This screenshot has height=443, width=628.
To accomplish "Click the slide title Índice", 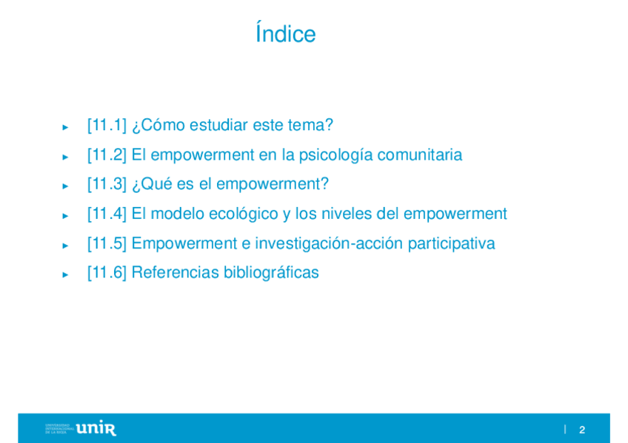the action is click(286, 33).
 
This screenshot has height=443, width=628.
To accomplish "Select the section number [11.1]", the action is click(107, 125).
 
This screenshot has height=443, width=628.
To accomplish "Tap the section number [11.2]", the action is click(107, 155).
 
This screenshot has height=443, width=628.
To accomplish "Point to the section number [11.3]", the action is click(107, 184).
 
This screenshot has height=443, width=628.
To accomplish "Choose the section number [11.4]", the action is click(107, 214).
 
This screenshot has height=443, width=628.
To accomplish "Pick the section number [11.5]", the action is click(107, 243).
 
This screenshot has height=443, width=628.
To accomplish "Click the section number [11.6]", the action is click(107, 272).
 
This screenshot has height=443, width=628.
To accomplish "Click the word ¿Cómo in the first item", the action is click(158, 126).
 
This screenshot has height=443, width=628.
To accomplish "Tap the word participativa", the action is click(452, 244).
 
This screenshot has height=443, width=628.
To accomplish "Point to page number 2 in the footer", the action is click(582, 430).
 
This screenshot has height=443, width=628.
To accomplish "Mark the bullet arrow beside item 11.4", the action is click(65, 216).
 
